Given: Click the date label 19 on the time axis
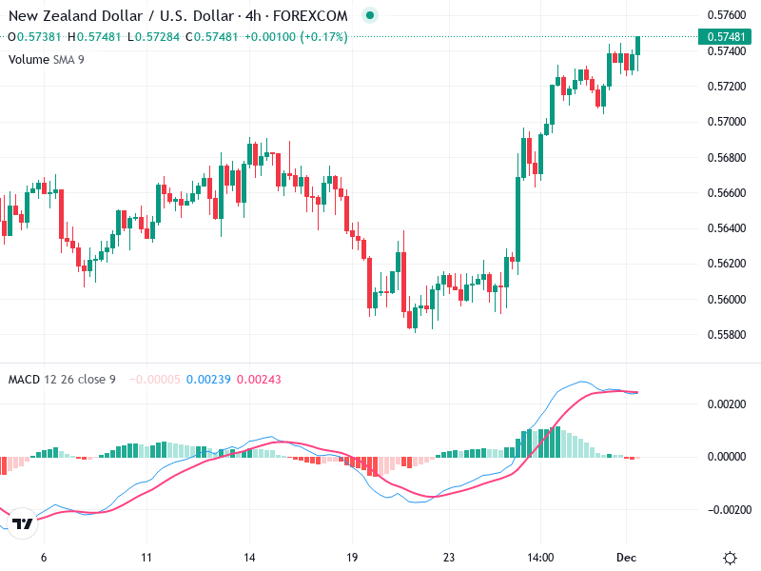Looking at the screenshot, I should (x=351, y=558).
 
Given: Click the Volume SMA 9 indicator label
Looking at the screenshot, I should (x=47, y=59).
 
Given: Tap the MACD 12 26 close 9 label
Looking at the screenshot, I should (x=62, y=380).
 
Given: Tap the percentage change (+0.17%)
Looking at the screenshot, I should (x=323, y=37).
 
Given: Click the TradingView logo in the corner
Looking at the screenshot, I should (x=24, y=524).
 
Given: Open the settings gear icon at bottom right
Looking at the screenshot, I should (x=731, y=558).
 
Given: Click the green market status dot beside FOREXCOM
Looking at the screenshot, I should (x=369, y=16).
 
